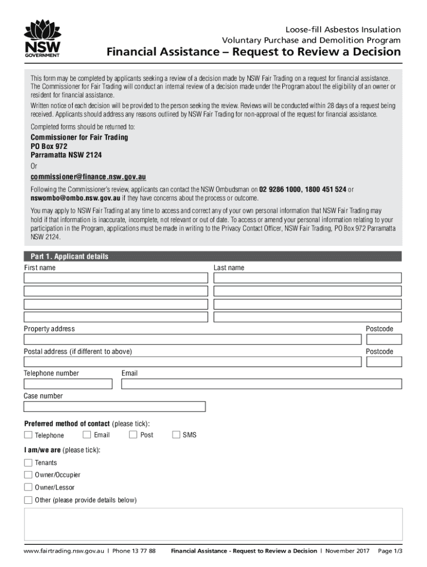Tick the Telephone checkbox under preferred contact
click(28, 435)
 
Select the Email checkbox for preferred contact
click(87, 435)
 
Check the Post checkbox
click(133, 435)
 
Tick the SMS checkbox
click(176, 435)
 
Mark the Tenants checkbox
click(28, 462)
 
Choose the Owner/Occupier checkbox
click(28, 475)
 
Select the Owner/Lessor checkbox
click(28, 487)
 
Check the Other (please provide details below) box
click(28, 500)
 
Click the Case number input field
click(114, 407)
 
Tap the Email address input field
click(261, 384)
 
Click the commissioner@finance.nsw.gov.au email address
click(88, 177)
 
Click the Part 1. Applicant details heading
click(66, 256)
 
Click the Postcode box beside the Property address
click(383, 339)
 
